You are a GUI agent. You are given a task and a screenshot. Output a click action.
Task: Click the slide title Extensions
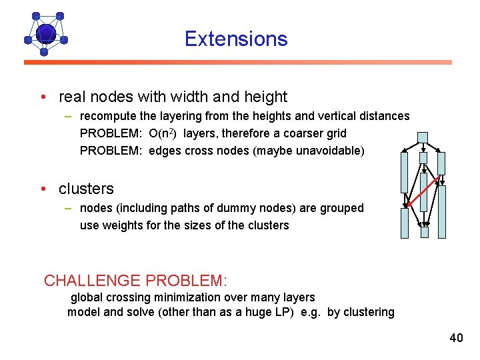pyautogui.click(x=236, y=39)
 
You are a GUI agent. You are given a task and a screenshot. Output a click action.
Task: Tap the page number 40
pyautogui.click(x=456, y=338)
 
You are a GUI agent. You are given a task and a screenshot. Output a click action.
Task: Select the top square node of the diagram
pyautogui.click(x=422, y=138)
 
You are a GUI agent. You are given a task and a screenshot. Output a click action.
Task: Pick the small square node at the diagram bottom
pyautogui.click(x=425, y=233)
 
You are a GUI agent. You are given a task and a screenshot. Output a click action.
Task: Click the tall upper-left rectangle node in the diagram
pyautogui.click(x=403, y=173)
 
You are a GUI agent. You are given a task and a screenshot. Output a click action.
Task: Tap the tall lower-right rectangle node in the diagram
pyautogui.click(x=441, y=211)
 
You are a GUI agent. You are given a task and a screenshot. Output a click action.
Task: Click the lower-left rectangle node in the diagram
pyautogui.click(x=404, y=223)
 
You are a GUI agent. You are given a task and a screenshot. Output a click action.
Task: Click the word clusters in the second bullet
pyautogui.click(x=86, y=189)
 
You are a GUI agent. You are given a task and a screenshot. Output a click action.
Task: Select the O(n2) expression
pyautogui.click(x=163, y=133)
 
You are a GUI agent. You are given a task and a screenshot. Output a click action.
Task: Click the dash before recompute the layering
pyautogui.click(x=69, y=116)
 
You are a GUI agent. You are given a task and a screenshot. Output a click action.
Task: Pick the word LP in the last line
pyautogui.click(x=278, y=312)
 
